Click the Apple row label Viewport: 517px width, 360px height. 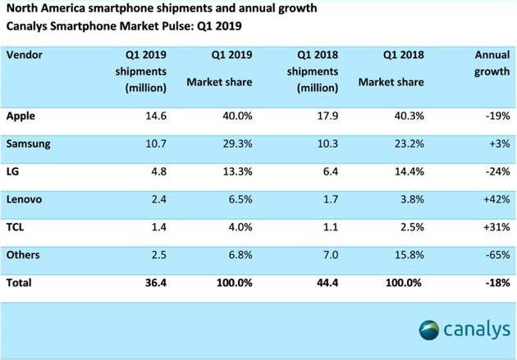(x=21, y=116)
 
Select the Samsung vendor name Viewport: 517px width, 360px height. (x=30, y=144)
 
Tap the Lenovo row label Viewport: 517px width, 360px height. (x=25, y=198)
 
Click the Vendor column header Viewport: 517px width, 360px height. (x=25, y=55)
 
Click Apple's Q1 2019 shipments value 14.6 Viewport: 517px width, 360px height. (x=156, y=116)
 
